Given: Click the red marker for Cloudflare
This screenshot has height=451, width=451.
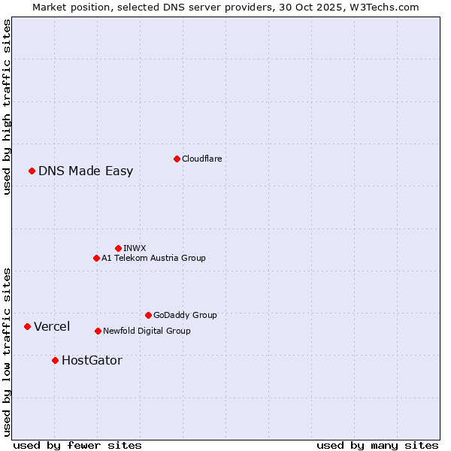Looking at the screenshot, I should (177, 159).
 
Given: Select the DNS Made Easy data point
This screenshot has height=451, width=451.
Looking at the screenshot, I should (32, 171).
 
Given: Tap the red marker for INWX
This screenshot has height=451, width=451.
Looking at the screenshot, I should (118, 248).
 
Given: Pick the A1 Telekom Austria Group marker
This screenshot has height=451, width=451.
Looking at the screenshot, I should (96, 258).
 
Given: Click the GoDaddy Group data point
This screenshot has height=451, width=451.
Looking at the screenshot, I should (148, 315).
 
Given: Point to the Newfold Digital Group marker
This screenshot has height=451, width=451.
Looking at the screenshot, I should (98, 331).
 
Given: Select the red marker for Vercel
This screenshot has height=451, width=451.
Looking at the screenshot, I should (27, 326).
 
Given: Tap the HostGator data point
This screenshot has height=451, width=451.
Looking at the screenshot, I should (55, 360).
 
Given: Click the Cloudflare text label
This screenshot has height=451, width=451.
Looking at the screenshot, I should (201, 159).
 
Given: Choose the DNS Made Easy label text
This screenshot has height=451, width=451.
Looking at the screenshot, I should (86, 171).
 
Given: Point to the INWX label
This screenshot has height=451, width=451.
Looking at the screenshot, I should (135, 248).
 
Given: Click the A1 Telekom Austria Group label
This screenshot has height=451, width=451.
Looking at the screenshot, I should (153, 258).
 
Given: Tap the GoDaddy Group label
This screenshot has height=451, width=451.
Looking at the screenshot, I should (185, 315).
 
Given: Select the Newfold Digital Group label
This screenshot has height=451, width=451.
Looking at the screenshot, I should (147, 331).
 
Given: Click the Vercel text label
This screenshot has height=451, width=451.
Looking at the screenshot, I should (52, 326).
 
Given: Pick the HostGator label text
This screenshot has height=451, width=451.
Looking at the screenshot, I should (92, 360).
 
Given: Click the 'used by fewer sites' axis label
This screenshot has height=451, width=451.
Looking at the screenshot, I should (77, 445).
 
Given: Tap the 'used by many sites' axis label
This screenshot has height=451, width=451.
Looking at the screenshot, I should (377, 445).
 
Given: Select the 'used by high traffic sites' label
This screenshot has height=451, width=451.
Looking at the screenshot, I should (7, 107).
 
